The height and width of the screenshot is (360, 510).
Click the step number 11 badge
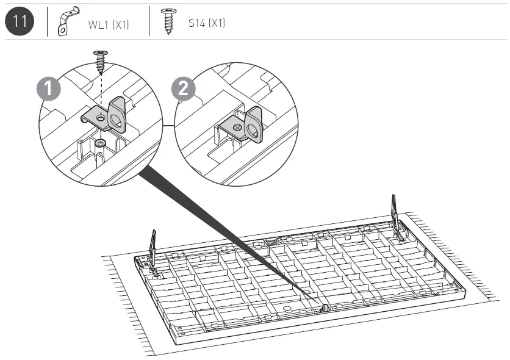coord(20,21)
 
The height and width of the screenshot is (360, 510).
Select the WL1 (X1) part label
coord(108,25)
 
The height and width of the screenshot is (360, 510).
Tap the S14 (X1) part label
coord(207,24)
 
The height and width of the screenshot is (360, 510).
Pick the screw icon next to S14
coord(167,23)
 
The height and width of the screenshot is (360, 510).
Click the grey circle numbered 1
coord(48,89)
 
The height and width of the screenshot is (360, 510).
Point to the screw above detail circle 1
coord(99,62)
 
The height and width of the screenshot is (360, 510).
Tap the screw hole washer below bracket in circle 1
coord(99,142)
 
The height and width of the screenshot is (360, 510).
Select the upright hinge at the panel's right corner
coord(396,217)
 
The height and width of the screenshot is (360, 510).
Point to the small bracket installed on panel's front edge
coord(324,307)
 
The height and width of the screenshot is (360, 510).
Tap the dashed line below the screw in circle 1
coord(99,92)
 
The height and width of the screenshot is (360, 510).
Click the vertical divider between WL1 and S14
coord(148,22)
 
